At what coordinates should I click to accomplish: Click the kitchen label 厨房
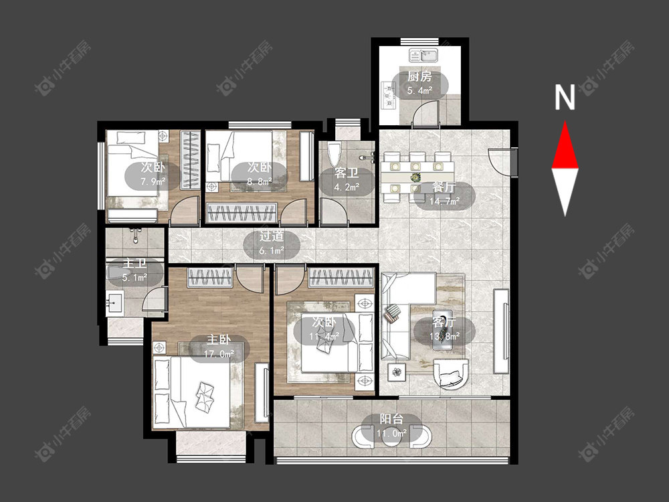click(x=420, y=77)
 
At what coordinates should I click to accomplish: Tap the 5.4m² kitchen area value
click(x=420, y=90)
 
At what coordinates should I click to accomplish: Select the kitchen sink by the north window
click(x=423, y=56)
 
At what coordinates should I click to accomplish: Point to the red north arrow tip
click(x=565, y=122)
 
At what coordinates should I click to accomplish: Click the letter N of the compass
click(x=565, y=97)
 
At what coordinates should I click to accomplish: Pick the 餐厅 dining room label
click(x=444, y=187)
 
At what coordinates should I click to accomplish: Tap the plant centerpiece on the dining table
click(x=415, y=176)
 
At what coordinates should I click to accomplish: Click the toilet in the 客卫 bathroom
click(x=334, y=154)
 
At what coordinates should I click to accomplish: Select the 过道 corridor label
click(x=272, y=236)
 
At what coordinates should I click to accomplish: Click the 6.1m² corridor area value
click(x=272, y=250)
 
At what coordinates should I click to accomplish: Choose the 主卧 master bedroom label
click(x=219, y=340)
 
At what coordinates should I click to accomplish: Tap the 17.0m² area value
click(x=219, y=354)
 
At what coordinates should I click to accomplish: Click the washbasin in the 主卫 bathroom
click(x=114, y=303)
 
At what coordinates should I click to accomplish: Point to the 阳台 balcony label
click(x=391, y=419)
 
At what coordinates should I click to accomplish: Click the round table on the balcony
click(x=391, y=436)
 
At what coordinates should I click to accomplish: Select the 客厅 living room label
click(x=444, y=322)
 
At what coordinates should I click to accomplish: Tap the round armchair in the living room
click(x=450, y=374)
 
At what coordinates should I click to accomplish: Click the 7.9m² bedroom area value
click(x=153, y=182)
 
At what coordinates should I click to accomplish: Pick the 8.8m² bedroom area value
click(x=260, y=182)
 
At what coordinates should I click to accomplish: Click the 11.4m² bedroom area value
click(x=324, y=337)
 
